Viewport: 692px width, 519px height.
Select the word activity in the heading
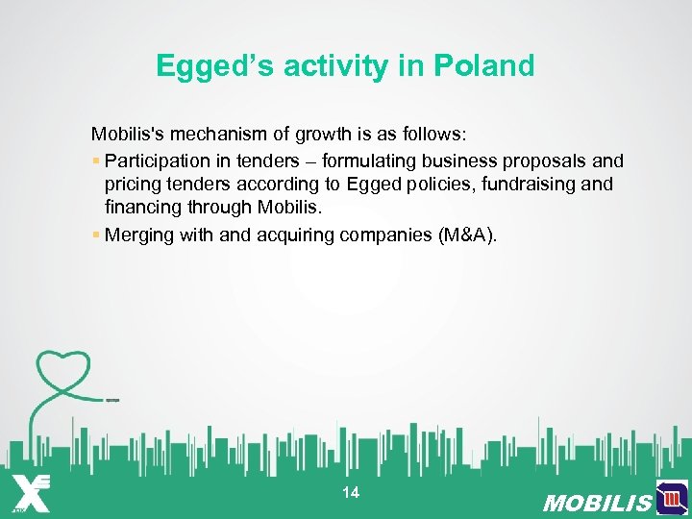pos(343,66)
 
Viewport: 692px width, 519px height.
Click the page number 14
pos(351,493)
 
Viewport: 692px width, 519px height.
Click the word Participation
pos(157,161)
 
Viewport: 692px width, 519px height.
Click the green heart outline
pos(62,370)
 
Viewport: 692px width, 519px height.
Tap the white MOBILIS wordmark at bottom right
pos(596,503)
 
